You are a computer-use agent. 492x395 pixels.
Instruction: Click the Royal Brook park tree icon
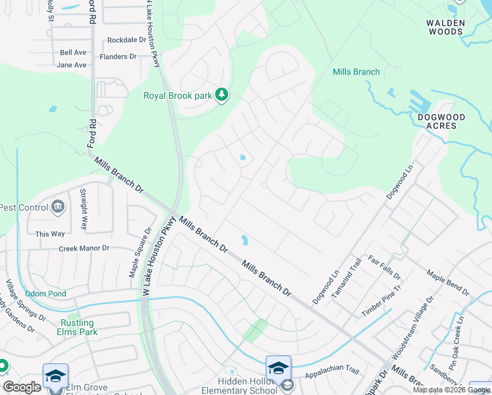tap(222, 95)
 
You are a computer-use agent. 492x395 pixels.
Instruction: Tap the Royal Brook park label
tap(178, 96)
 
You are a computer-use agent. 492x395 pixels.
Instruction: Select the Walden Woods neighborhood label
tap(445, 27)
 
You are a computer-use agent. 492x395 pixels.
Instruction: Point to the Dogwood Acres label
tap(441, 121)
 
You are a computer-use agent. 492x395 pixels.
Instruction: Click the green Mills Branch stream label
tap(356, 72)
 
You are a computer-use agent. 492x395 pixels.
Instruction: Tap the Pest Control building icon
tap(58, 207)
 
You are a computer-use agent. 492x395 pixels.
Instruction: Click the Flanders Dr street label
tap(118, 57)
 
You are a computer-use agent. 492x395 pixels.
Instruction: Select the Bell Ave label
tap(73, 53)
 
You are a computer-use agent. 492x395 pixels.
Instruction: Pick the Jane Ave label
tap(72, 65)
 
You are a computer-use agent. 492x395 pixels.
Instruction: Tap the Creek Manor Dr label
tap(84, 248)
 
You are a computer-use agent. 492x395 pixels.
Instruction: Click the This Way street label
tap(50, 234)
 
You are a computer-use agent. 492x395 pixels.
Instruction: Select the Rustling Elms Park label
tap(77, 328)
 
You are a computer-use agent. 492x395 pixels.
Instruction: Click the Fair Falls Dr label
tap(384, 268)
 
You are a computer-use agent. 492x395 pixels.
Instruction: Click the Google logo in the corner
tap(22, 387)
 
